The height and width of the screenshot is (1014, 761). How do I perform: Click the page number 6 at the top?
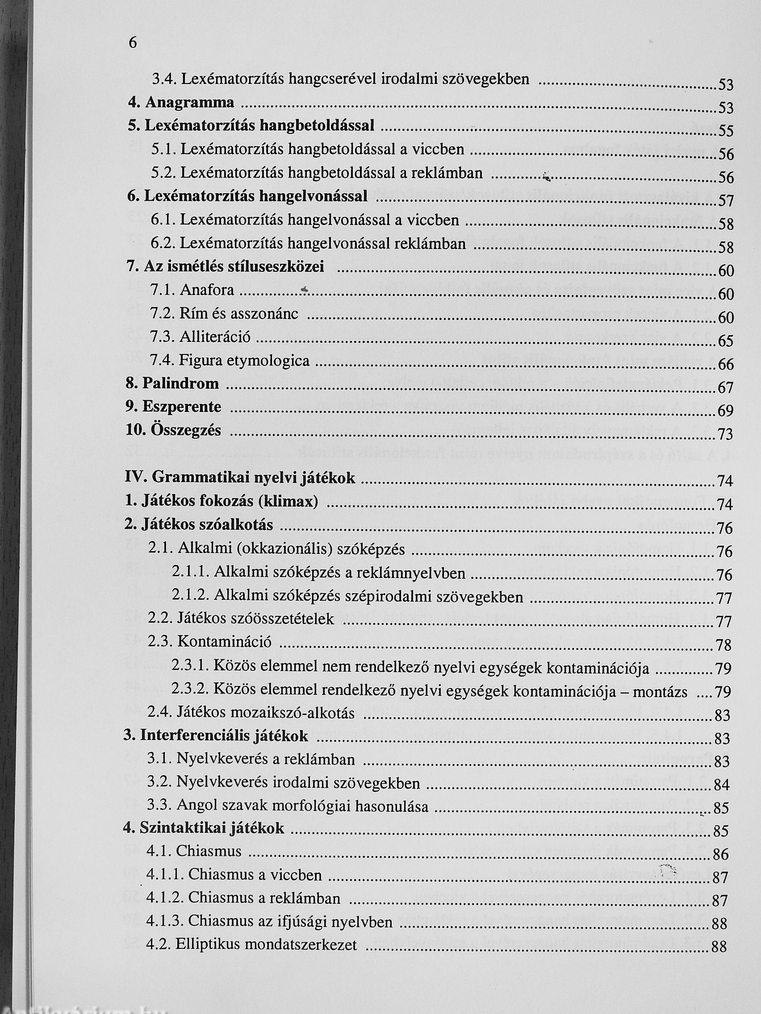coord(133,43)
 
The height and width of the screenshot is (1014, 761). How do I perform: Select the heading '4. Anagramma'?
coord(181,102)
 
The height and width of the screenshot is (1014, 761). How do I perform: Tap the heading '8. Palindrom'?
coord(172,383)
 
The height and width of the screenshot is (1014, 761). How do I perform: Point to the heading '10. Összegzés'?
coord(173,430)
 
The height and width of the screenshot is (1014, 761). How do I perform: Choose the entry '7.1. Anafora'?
coord(192,290)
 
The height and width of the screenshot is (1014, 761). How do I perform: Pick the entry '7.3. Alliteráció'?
coord(201,337)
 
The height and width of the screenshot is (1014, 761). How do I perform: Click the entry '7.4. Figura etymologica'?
coord(230,361)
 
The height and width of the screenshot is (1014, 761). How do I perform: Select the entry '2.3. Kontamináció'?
coord(210,641)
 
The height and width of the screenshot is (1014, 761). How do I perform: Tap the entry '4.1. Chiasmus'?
coord(194,851)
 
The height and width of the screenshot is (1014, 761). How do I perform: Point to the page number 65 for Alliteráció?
coord(726,341)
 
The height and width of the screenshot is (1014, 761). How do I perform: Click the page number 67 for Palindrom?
coord(726,388)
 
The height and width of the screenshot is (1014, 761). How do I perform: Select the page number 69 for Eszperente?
coord(726,411)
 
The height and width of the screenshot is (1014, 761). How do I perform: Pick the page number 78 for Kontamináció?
coord(723,645)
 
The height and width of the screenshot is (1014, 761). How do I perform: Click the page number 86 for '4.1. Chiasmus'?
coord(721,855)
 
